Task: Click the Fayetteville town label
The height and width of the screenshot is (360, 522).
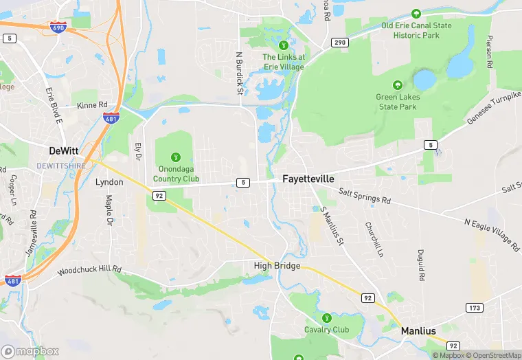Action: [308, 179]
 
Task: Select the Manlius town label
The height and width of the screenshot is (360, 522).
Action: [418, 331]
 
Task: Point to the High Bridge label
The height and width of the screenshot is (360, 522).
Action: [277, 266]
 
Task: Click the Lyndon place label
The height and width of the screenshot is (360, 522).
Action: [109, 182]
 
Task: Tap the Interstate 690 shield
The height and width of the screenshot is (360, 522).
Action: [58, 27]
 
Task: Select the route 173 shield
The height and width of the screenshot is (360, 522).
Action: [475, 307]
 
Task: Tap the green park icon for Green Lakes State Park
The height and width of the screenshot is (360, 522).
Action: [397, 85]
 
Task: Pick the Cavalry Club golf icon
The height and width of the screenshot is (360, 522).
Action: [327, 318]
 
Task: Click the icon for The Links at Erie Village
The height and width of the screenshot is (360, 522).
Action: [282, 45]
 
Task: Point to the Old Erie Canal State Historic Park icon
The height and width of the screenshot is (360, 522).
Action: [416, 14]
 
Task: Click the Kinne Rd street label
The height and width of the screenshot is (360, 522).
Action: [93, 105]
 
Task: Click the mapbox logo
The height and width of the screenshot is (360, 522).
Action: [30, 352]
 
